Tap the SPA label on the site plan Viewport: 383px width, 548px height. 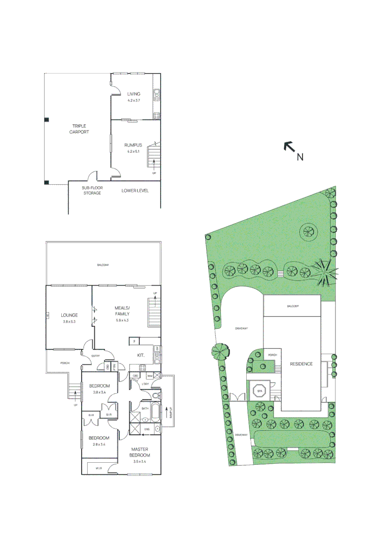pyautogui.click(x=260, y=391)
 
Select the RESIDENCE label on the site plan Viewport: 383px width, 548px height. pyautogui.click(x=301, y=364)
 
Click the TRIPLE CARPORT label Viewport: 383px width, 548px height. pyautogui.click(x=79, y=129)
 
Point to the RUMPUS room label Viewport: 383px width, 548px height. pyautogui.click(x=133, y=145)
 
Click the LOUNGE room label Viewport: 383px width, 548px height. pyautogui.click(x=69, y=315)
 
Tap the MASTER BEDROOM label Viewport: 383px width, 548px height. pyautogui.click(x=139, y=452)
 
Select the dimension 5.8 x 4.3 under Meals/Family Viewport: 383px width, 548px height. pyautogui.click(x=123, y=320)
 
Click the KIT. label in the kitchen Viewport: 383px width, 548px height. pyautogui.click(x=141, y=355)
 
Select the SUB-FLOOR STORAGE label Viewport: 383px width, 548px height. pyautogui.click(x=92, y=190)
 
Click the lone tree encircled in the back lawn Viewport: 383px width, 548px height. pyautogui.click(x=308, y=233)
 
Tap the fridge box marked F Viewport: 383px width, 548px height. pyautogui.click(x=134, y=342)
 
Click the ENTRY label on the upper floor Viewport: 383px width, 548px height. pyautogui.click(x=95, y=356)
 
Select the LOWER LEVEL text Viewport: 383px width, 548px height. pyautogui.click(x=135, y=191)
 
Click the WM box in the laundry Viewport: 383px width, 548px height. pyautogui.click(x=149, y=376)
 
